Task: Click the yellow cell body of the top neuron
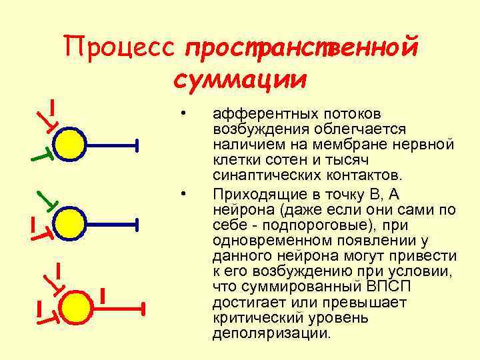pos(69,143)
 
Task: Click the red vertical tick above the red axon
pos(103,294)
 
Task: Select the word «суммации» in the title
pos(240,79)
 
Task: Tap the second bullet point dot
pos(182,195)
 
